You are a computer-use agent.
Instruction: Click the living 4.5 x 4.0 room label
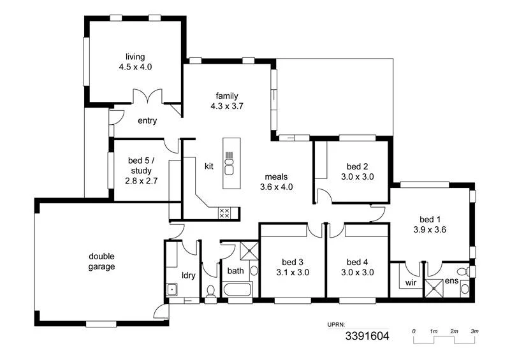(x=135, y=62)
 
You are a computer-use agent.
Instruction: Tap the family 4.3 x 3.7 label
(x=227, y=101)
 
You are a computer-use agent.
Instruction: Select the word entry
(x=147, y=121)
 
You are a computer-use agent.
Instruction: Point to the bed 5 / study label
(x=141, y=171)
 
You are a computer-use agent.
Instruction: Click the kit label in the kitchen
(x=208, y=166)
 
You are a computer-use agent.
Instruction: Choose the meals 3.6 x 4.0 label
(x=276, y=182)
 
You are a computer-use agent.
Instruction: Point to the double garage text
(x=102, y=261)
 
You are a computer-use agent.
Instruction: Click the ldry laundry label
(x=189, y=275)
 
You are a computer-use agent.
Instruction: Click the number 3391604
(x=367, y=335)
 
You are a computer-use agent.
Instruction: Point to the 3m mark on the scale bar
(x=475, y=331)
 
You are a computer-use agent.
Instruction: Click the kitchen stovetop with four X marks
(x=224, y=213)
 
